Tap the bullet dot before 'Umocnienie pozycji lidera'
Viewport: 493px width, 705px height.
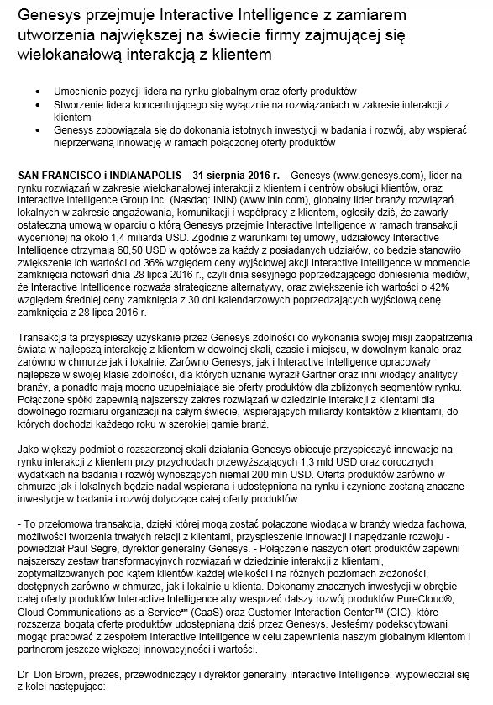(x=34, y=90)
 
